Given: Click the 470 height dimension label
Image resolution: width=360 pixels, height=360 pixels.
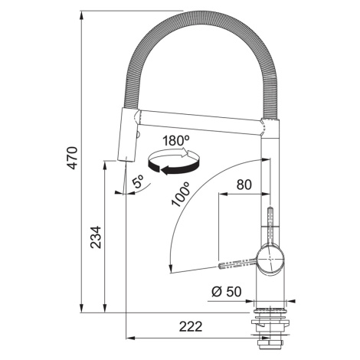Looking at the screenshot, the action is (73, 158).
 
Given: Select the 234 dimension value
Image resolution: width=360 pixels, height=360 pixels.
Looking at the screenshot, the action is (97, 237).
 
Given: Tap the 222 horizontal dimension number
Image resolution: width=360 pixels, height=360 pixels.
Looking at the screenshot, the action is (191, 326).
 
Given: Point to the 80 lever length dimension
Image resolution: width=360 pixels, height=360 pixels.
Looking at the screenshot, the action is (244, 185).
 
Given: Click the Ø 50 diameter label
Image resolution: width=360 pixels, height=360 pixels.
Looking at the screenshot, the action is (227, 291).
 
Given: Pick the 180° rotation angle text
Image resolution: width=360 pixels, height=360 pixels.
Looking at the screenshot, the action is (176, 140).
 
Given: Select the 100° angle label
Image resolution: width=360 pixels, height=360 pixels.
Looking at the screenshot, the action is (182, 194).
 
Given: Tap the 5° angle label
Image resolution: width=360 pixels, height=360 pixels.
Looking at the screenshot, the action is (139, 182).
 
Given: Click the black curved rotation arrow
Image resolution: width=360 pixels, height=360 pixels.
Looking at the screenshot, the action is (174, 167).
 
